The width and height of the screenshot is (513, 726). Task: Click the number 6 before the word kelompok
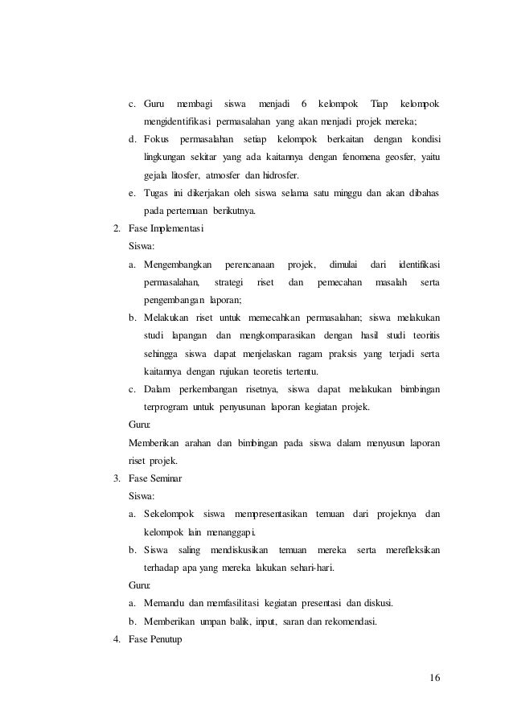pos(303,105)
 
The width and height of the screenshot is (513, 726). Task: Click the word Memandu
pos(164,603)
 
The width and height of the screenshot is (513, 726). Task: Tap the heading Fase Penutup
pos(157,640)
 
